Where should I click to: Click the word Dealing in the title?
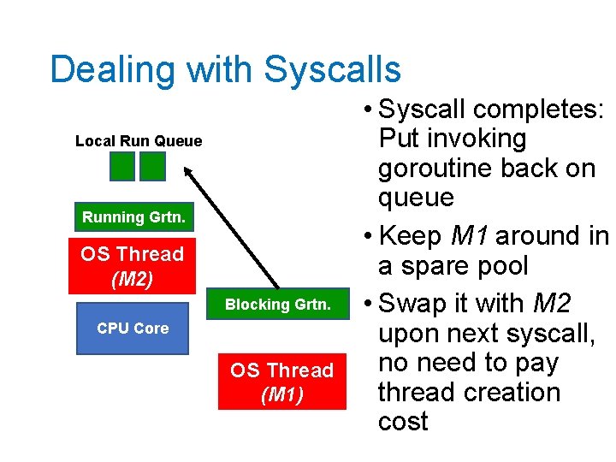(x=101, y=70)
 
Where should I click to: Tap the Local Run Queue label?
(x=139, y=141)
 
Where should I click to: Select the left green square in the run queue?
(x=123, y=166)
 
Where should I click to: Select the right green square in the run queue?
(x=152, y=166)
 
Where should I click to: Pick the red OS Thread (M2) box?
(x=133, y=266)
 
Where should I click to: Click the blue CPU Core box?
(x=133, y=328)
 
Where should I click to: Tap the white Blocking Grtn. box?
(x=277, y=305)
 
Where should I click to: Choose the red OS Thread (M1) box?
(x=281, y=382)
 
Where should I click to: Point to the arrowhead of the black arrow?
(x=188, y=171)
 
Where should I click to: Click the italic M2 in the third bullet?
(x=552, y=304)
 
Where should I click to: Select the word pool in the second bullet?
(x=500, y=266)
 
